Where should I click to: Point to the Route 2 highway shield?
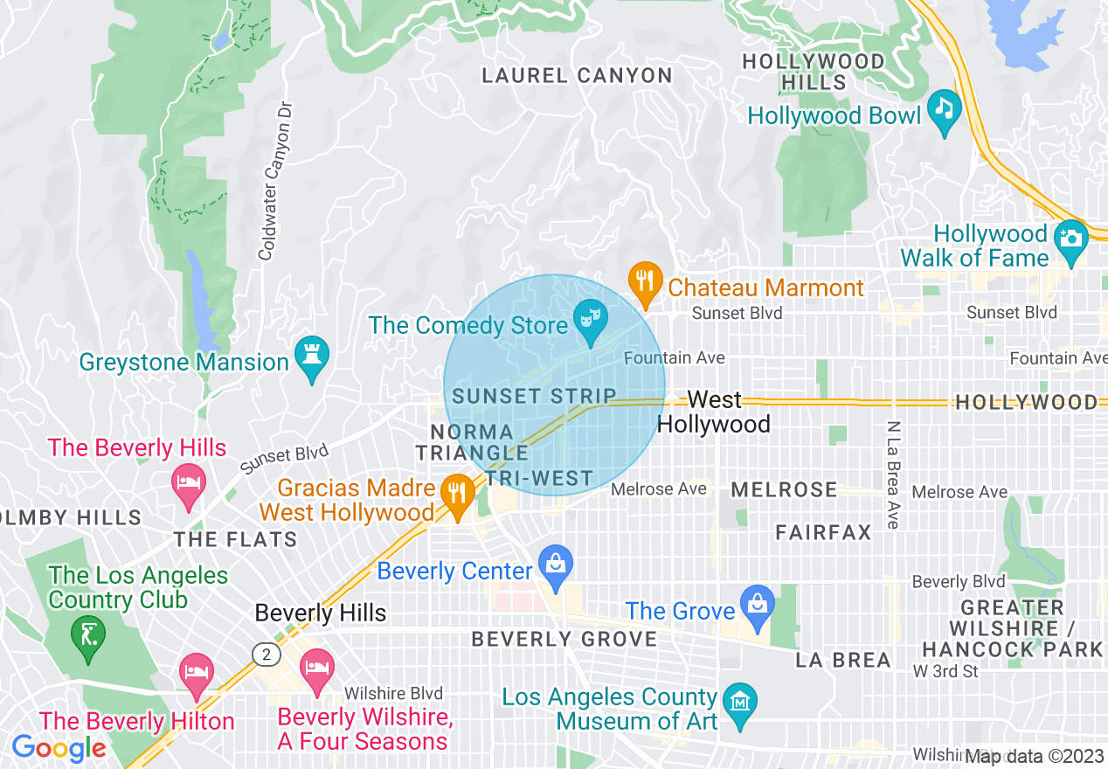263,654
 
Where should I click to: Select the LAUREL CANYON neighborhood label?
577,76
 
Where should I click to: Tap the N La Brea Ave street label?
892,475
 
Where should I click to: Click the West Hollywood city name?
714,412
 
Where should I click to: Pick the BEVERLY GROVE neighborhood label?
564,640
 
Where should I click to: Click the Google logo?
59,748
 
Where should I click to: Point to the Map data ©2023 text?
1035,757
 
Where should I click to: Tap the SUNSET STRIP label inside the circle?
534,396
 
